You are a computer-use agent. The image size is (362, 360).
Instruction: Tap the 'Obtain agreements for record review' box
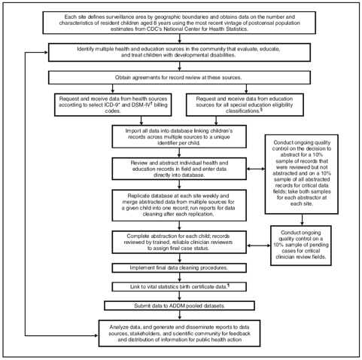click(181, 78)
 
